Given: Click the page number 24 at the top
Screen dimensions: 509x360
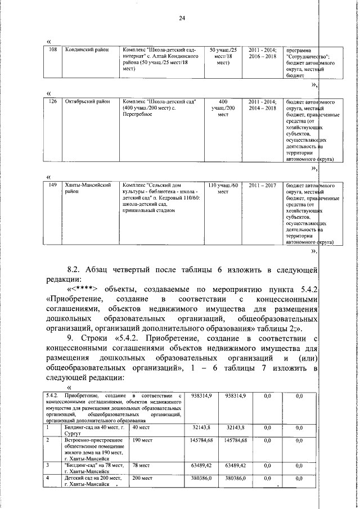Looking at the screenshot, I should (182, 19).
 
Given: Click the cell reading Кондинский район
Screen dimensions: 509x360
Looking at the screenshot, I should (84, 50).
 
